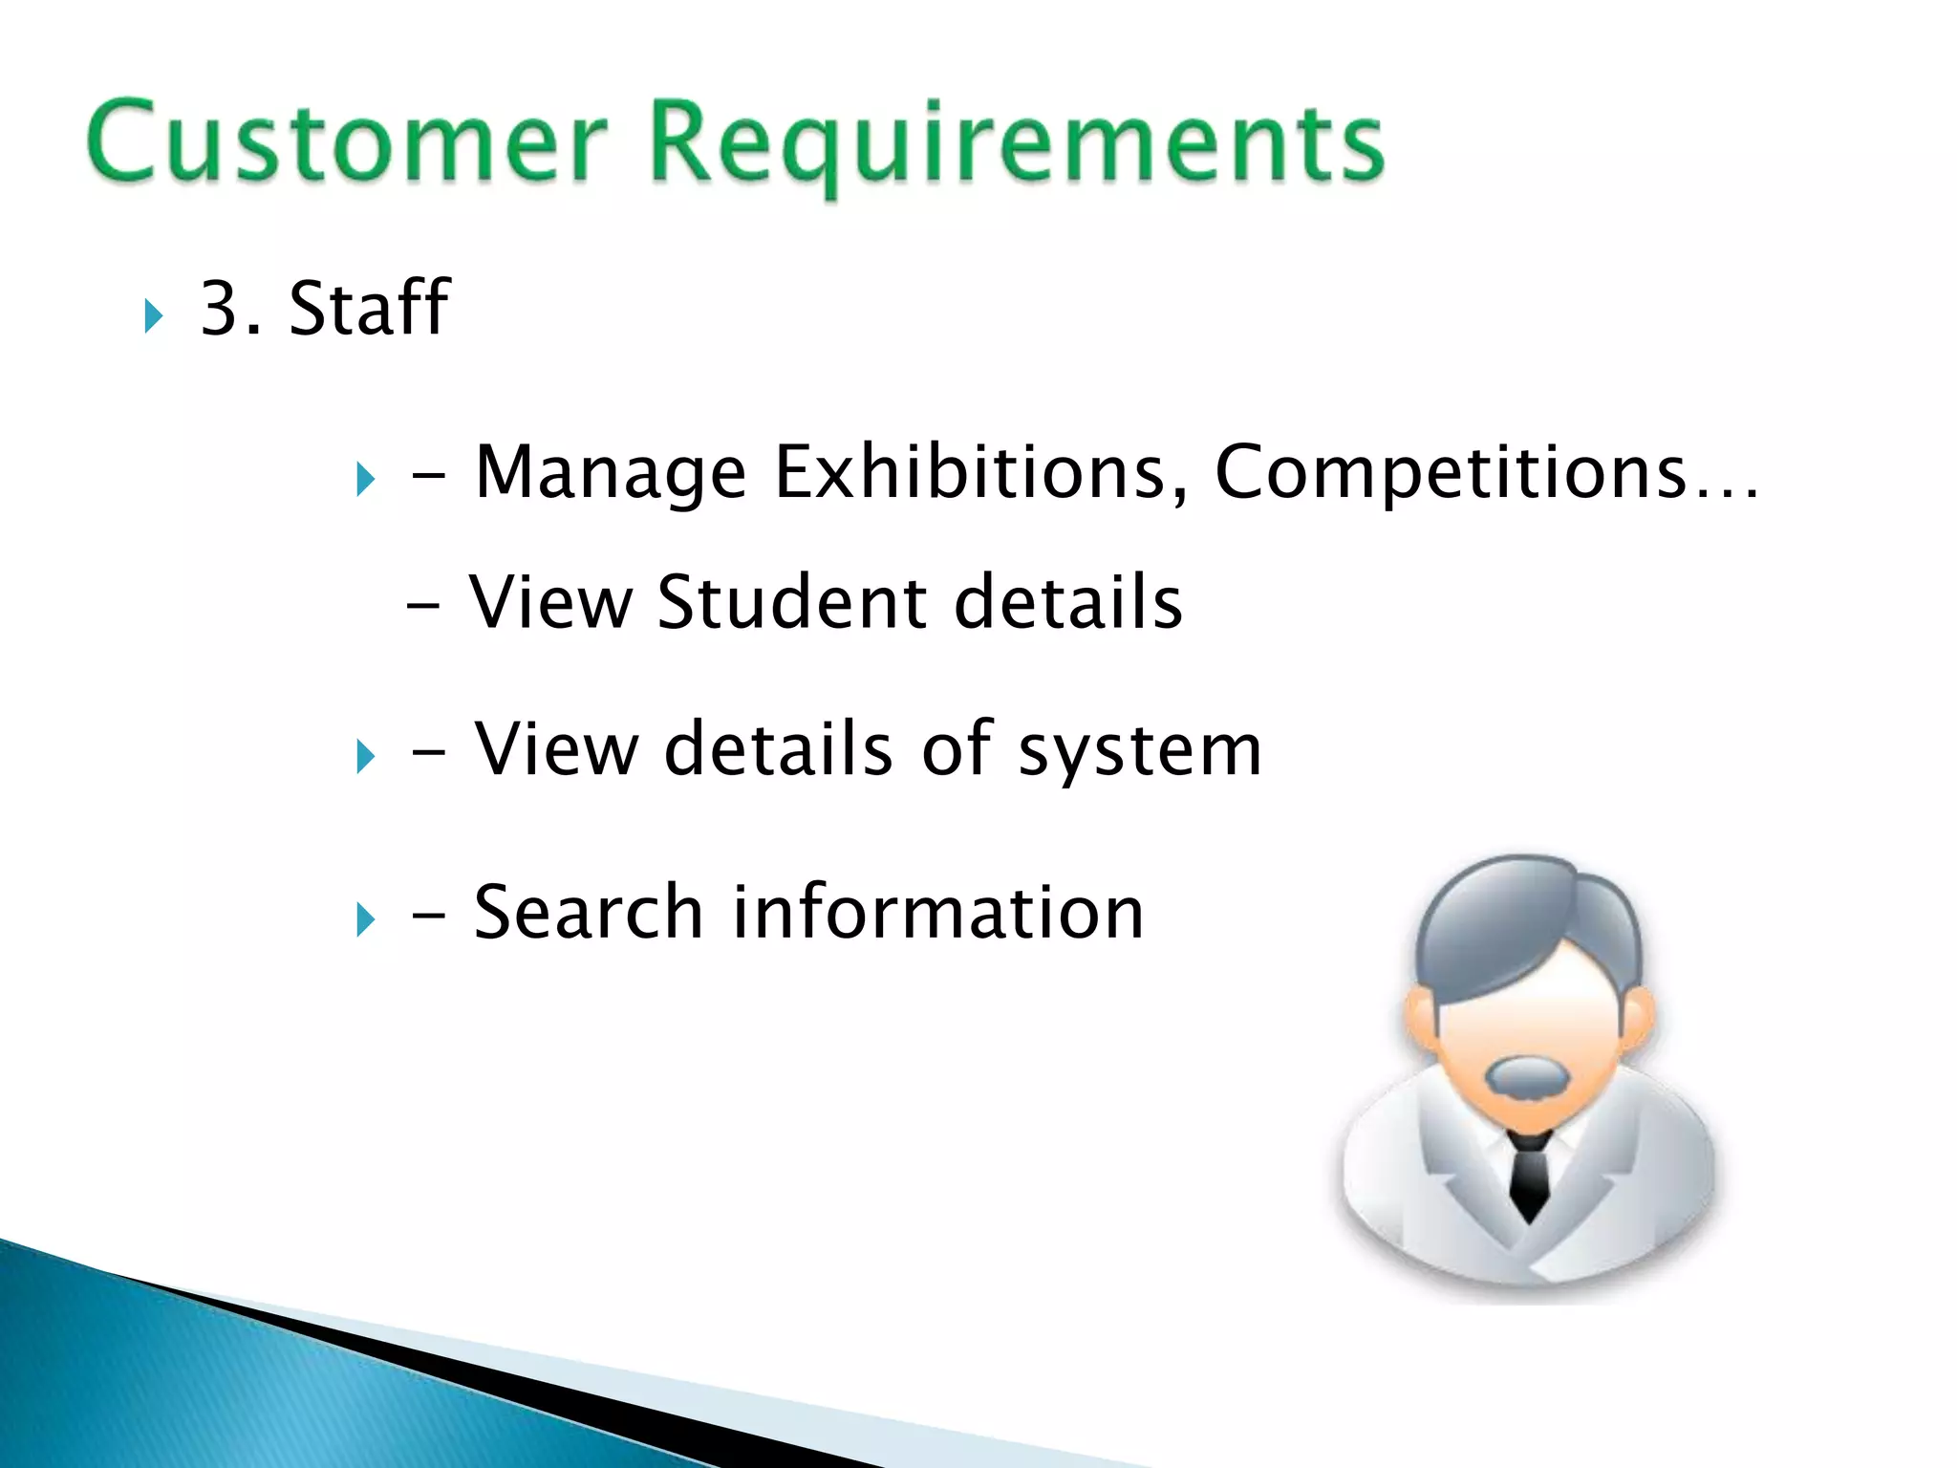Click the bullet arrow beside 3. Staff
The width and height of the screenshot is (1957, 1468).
pyautogui.click(x=154, y=316)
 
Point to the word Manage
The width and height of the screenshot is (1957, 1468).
pyautogui.click(x=610, y=472)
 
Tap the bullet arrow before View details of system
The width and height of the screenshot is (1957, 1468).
pyautogui.click(x=365, y=757)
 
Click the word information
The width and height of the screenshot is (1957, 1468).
pyautogui.click(x=937, y=913)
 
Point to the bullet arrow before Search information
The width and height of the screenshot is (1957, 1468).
pyautogui.click(x=365, y=920)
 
